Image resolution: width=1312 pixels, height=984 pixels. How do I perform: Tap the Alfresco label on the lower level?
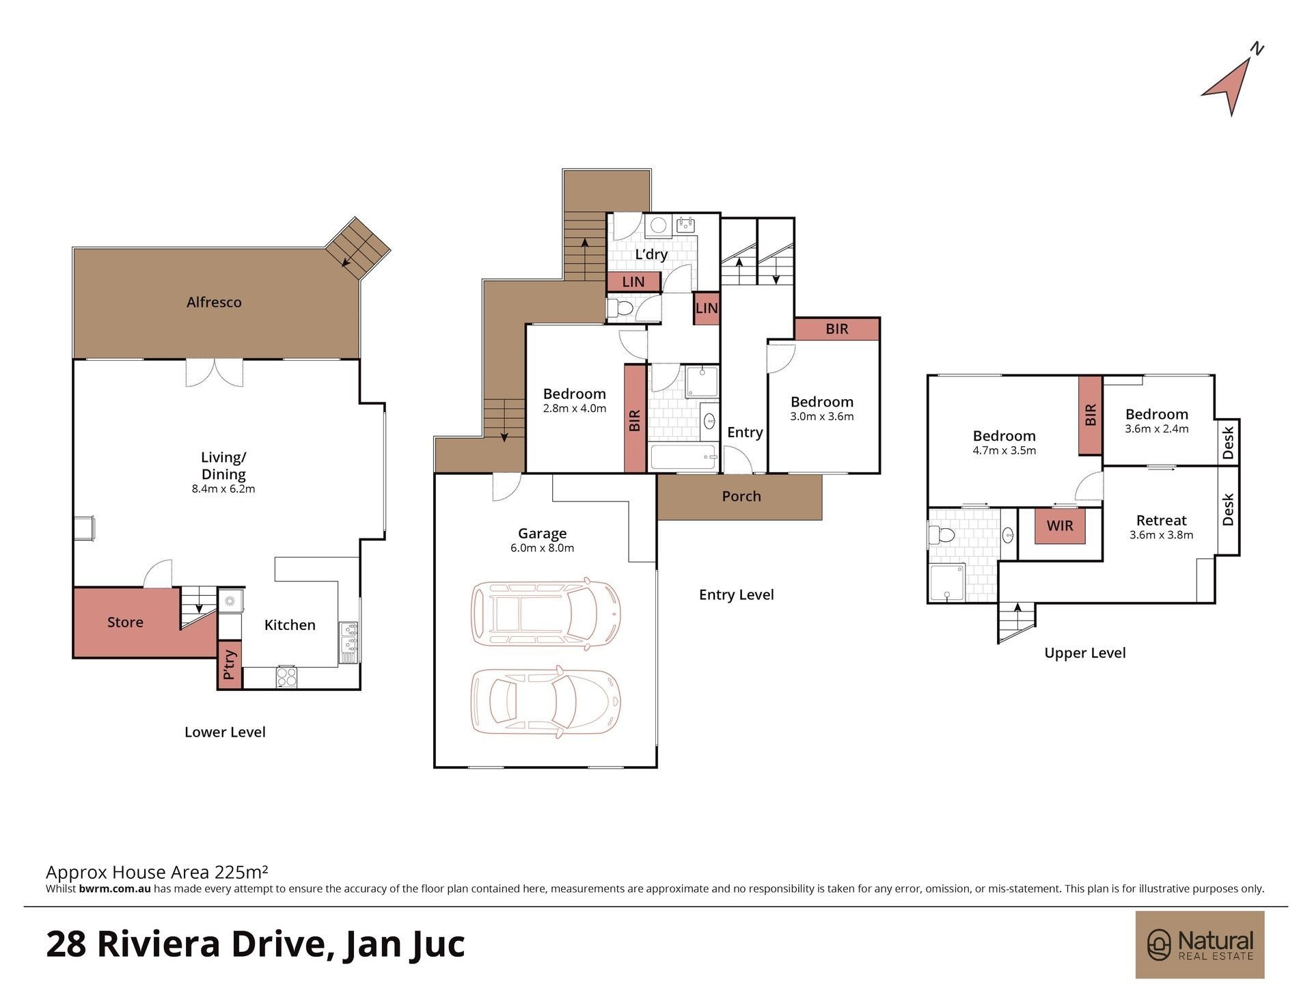[214, 302]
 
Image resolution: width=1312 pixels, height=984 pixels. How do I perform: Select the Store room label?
[125, 622]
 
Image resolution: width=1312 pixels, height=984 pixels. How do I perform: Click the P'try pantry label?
[230, 664]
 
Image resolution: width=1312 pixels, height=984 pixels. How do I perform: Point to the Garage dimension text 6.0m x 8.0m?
[542, 548]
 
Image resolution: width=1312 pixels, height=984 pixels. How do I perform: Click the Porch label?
[741, 496]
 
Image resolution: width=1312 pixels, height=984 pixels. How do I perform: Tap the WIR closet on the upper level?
[1060, 525]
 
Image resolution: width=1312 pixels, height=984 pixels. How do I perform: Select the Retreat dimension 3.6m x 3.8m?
[1161, 535]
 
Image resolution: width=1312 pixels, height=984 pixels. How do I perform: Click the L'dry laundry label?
[651, 254]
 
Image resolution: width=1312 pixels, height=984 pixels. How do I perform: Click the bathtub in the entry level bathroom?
[683, 457]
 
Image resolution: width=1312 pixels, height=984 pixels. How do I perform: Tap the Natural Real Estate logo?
[1200, 944]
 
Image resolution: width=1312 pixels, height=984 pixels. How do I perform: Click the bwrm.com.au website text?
[115, 889]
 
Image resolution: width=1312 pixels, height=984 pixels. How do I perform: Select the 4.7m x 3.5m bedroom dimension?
[1004, 450]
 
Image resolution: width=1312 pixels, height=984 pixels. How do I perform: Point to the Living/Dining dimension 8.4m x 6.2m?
[223, 489]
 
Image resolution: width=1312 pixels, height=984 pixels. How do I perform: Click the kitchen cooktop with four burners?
[286, 676]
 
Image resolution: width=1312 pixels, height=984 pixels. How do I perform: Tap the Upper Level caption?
[1084, 653]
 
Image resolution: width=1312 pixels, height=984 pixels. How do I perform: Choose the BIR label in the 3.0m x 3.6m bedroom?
[836, 329]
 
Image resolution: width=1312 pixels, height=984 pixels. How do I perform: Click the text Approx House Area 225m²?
[156, 872]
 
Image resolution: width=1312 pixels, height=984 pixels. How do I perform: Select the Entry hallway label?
[745, 433]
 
